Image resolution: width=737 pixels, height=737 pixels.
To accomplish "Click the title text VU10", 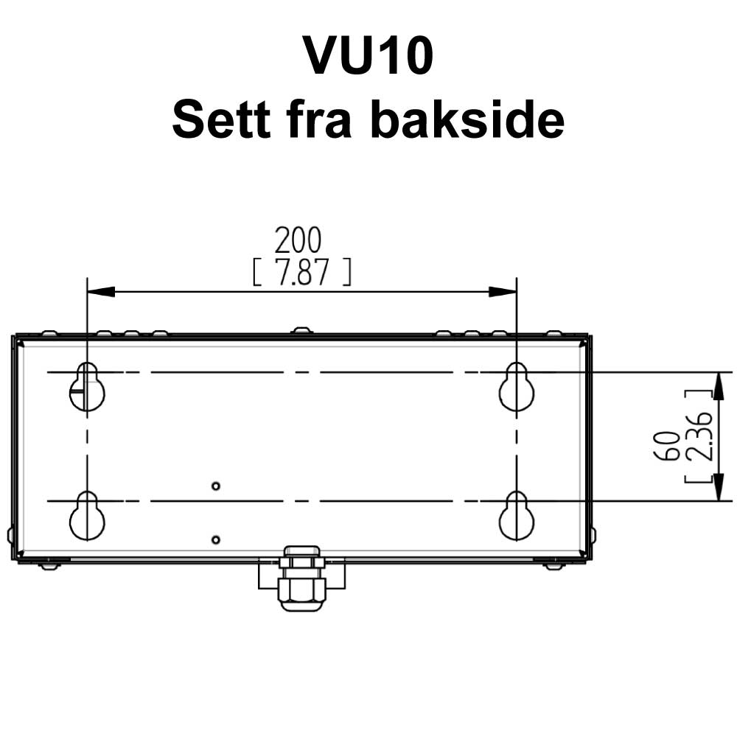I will point(368,57).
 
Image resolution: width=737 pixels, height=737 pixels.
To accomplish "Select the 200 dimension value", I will point(298,240).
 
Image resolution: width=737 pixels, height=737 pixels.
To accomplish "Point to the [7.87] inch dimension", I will point(301,273).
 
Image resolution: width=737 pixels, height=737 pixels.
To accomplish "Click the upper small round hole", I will point(215,486).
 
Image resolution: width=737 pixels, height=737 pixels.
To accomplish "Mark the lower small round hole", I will point(215,539).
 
